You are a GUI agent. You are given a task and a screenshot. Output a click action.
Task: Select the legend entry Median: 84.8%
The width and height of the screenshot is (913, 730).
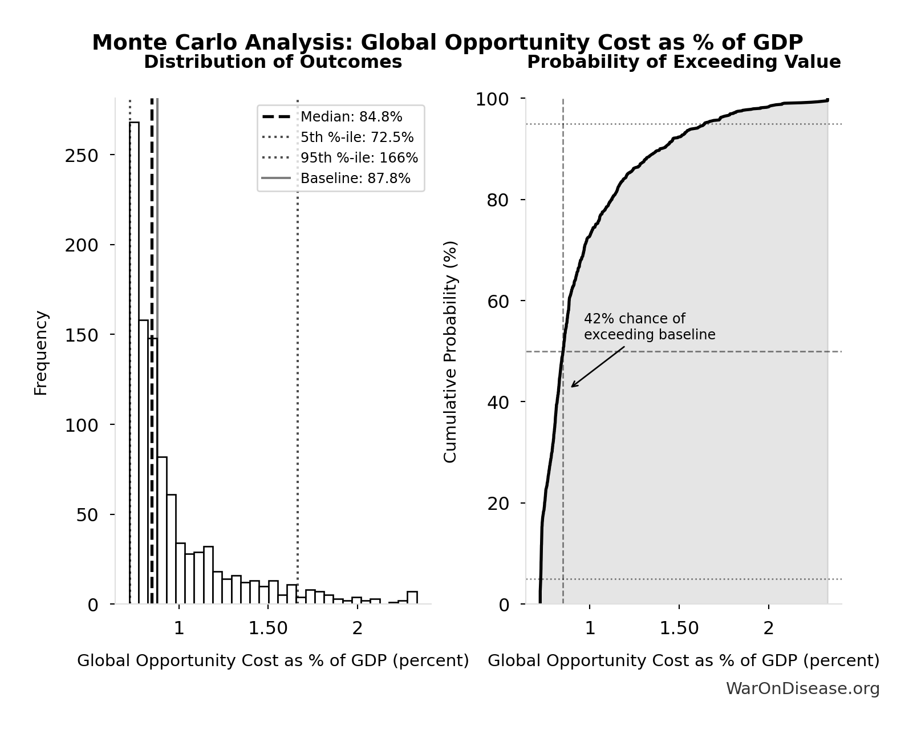[351, 117]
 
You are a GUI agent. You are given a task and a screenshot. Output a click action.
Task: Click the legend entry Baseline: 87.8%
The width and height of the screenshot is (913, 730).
[355, 179]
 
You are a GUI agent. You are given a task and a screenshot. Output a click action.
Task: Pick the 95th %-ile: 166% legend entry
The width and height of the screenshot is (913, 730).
[359, 158]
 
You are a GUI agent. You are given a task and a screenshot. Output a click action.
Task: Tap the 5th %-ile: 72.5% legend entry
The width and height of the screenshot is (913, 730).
[357, 137]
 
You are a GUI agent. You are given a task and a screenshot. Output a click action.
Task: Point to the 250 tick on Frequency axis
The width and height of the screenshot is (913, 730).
[81, 156]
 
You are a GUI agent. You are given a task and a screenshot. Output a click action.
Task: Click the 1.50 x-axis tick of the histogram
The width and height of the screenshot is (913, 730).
[268, 628]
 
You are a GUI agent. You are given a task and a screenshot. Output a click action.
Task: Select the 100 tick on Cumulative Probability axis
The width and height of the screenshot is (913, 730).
[492, 99]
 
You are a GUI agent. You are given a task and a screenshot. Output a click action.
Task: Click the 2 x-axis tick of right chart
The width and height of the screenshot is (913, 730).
[769, 628]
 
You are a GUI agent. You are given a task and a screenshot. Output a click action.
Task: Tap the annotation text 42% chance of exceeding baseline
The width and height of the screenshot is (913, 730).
[649, 327]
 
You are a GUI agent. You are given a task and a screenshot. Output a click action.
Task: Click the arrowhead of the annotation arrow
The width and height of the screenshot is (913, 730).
[573, 386]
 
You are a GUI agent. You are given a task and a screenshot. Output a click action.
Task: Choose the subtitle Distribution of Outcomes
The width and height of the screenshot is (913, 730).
[273, 62]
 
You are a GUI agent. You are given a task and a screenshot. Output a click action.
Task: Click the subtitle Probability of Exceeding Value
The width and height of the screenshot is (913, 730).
[683, 62]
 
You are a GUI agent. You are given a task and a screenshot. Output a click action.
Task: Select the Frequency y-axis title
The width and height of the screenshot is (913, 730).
[41, 352]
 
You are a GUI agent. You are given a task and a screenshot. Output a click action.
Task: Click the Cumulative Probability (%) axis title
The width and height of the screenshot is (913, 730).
[451, 351]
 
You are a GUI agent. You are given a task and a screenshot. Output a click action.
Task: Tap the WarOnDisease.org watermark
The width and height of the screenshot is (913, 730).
[802, 688]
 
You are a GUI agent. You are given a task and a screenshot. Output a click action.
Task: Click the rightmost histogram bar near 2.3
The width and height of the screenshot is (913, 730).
[412, 598]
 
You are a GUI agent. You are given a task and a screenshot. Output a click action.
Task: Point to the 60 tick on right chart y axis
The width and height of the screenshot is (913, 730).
[498, 301]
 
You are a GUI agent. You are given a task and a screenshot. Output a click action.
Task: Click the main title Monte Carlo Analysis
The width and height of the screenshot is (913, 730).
[447, 42]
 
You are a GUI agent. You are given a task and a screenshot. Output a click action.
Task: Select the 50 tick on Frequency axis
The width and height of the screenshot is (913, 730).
[87, 515]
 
